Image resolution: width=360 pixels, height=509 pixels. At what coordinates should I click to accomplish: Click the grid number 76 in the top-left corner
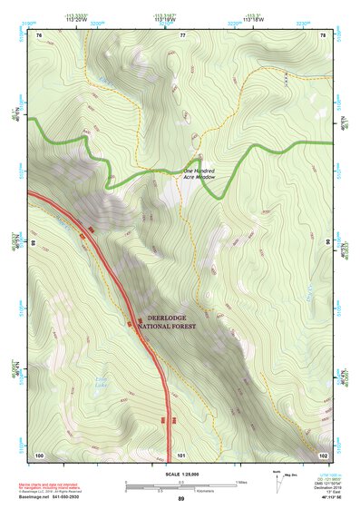[x=39, y=34]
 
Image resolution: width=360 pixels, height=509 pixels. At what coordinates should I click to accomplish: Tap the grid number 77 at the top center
[x=182, y=34]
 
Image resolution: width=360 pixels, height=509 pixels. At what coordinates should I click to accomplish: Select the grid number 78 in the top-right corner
[x=323, y=34]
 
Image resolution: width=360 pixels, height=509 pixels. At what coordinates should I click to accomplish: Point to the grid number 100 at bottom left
[x=39, y=455]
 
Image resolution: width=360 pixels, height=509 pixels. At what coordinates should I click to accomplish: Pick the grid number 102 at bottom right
[x=323, y=455]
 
